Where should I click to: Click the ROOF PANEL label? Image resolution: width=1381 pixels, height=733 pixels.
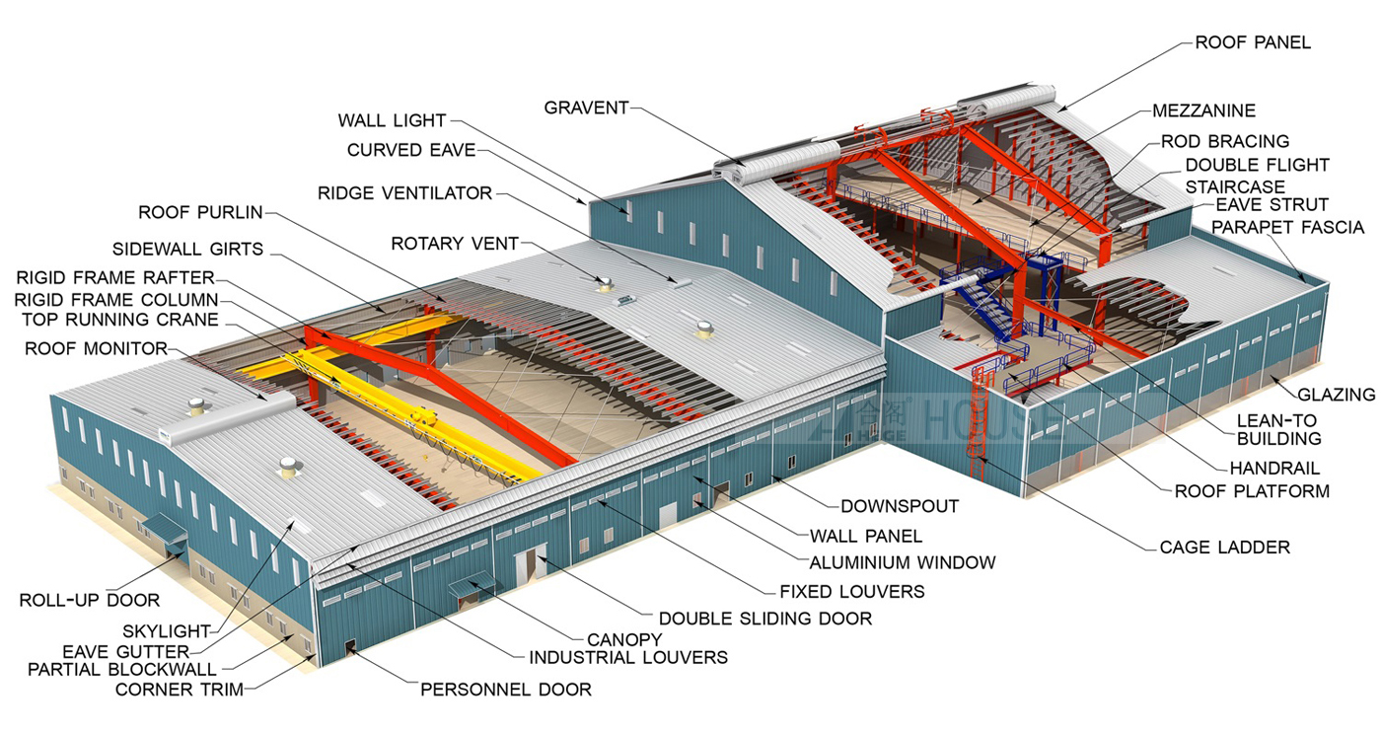point(1253,42)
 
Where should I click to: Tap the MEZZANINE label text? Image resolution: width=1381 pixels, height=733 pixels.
point(1204,110)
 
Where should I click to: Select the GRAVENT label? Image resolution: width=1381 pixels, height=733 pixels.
point(586,108)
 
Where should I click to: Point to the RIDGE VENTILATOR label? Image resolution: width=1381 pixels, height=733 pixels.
point(405,193)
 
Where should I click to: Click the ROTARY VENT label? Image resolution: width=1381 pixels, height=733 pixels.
point(455,244)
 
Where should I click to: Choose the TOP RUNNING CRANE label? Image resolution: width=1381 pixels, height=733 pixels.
point(120,320)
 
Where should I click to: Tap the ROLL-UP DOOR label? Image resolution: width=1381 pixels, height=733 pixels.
point(90,601)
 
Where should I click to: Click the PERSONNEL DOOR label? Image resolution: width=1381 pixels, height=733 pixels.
point(506,690)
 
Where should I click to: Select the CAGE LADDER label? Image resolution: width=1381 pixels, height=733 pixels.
point(1225,548)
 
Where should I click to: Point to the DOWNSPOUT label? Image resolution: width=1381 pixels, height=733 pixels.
point(900,507)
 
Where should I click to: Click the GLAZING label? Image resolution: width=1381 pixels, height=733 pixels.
point(1337,395)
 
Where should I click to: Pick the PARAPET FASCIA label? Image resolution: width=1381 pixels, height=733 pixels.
point(1288,228)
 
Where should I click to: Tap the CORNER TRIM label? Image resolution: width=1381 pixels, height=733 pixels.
point(180,690)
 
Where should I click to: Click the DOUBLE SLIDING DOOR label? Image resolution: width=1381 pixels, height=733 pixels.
point(765,619)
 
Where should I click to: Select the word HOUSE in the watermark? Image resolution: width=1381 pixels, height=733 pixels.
point(986,420)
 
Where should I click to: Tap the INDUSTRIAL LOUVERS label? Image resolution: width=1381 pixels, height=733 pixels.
point(629,658)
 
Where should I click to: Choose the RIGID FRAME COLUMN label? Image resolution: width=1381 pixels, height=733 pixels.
point(116,300)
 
